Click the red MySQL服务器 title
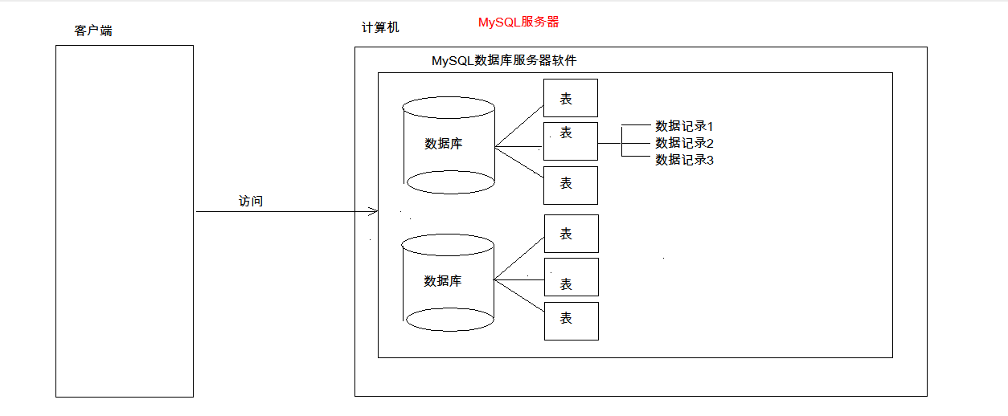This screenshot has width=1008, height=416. [x=518, y=22]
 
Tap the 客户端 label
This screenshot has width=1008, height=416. [x=93, y=31]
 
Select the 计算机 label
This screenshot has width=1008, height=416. [x=380, y=27]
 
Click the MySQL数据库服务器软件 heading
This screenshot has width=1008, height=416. [x=504, y=60]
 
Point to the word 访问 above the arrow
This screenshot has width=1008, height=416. [x=251, y=201]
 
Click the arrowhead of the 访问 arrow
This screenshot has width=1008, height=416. [x=373, y=211]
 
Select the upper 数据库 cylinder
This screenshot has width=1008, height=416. [x=449, y=145]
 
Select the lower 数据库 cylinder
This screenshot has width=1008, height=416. [x=449, y=282]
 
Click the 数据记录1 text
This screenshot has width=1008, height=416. [x=684, y=126]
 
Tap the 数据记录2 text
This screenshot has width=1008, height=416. [x=684, y=143]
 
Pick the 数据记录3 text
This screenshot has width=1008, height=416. [x=684, y=160]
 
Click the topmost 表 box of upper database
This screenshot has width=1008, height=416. [x=571, y=98]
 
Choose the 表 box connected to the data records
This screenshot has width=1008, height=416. [x=571, y=141]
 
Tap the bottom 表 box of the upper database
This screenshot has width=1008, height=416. [x=571, y=185]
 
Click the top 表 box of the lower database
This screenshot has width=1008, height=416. [x=571, y=234]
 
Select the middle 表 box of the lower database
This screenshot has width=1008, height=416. [x=571, y=277]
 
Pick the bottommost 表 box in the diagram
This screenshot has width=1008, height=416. [x=571, y=320]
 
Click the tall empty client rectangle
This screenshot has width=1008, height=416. [x=125, y=221]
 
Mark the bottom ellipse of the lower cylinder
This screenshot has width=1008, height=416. [x=449, y=319]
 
